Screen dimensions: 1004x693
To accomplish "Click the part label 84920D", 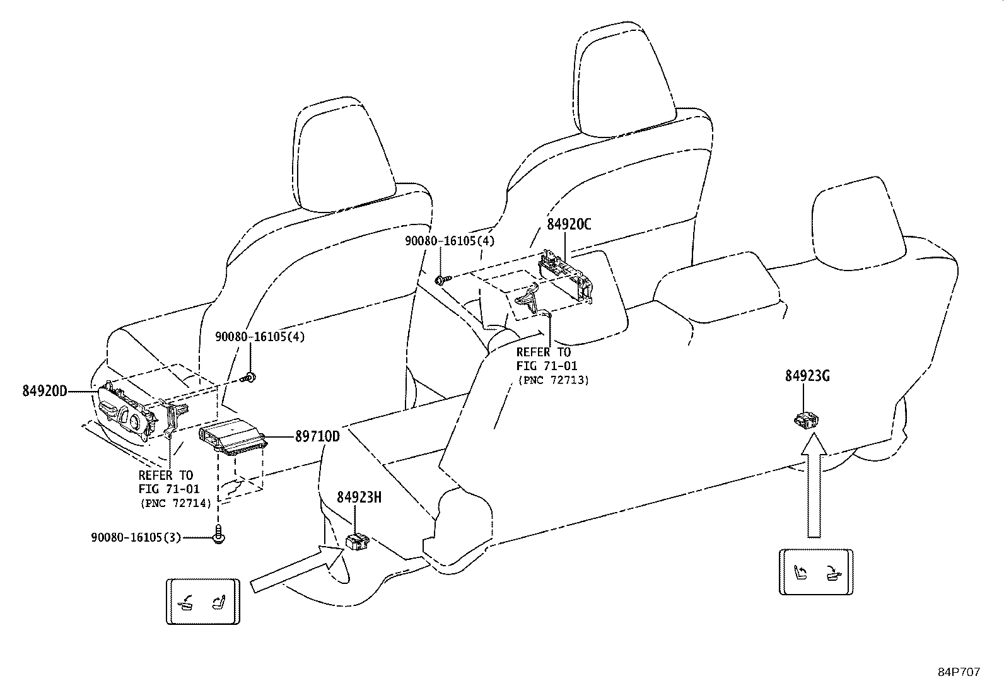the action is [x=45, y=391].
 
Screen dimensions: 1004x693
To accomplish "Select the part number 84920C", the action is [x=569, y=224].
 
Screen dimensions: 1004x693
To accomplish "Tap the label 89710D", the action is [x=317, y=436].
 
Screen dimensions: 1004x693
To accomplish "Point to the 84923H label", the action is [x=359, y=497].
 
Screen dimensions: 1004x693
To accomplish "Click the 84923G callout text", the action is [x=807, y=376].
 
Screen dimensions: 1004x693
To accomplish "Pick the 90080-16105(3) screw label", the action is [x=136, y=537].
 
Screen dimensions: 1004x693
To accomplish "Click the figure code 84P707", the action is [x=959, y=672].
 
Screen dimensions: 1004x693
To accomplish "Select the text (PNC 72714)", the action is [x=176, y=503].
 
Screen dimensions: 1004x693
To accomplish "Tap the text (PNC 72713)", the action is [x=553, y=380].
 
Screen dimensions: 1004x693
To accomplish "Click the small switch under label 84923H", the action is [x=357, y=542].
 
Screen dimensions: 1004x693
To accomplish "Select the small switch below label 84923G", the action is [x=806, y=420].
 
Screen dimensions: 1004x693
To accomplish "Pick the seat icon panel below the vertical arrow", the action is [x=816, y=573].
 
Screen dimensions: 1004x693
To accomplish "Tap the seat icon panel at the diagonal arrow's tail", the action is [x=203, y=602].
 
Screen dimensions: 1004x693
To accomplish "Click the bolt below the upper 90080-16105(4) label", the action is [x=442, y=280].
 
